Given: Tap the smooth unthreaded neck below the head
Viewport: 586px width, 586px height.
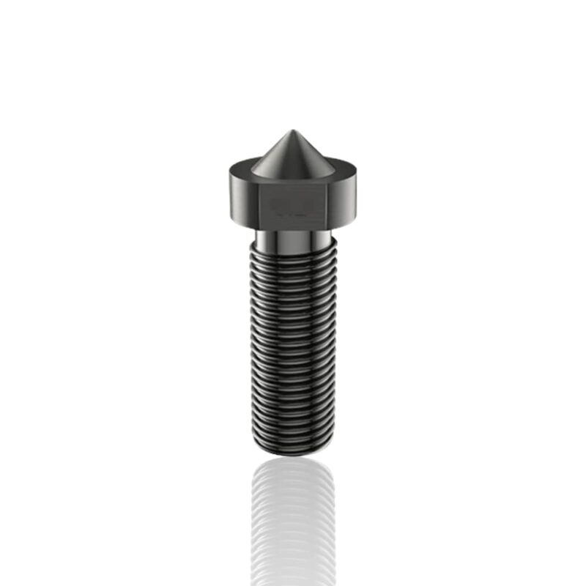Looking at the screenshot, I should pyautogui.click(x=293, y=236).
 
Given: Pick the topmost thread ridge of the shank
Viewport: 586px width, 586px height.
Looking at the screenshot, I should pyautogui.click(x=293, y=248).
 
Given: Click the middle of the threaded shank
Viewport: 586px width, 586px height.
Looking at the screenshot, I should pyautogui.click(x=293, y=344).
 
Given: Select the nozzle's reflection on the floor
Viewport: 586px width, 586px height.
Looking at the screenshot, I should pyautogui.click(x=293, y=520).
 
